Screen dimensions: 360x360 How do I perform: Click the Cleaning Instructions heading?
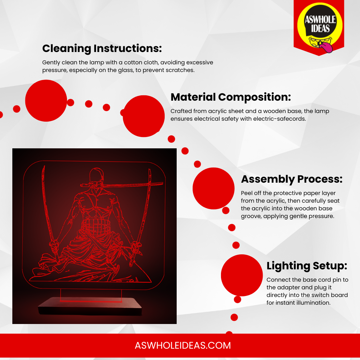102,49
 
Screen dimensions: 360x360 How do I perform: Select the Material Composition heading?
231,97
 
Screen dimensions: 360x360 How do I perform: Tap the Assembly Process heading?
292,179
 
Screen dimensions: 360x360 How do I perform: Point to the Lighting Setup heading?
307,266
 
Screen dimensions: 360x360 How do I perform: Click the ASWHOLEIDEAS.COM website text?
183,346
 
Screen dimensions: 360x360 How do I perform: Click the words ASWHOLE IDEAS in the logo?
320,24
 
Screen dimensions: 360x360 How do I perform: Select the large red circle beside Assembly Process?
214,188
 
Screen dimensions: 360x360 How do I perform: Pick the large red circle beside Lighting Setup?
242,275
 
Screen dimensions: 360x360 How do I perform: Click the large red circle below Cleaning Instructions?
46,101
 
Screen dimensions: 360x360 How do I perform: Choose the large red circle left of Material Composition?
144,116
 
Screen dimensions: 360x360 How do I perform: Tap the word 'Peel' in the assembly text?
246,193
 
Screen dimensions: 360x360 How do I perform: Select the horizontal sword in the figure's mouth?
122,184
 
